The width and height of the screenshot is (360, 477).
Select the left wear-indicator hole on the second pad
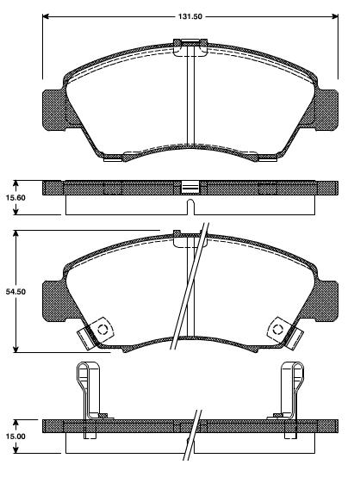[102, 328]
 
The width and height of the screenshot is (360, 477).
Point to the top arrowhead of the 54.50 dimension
[16, 234]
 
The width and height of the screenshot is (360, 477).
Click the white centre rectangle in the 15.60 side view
[189, 186]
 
